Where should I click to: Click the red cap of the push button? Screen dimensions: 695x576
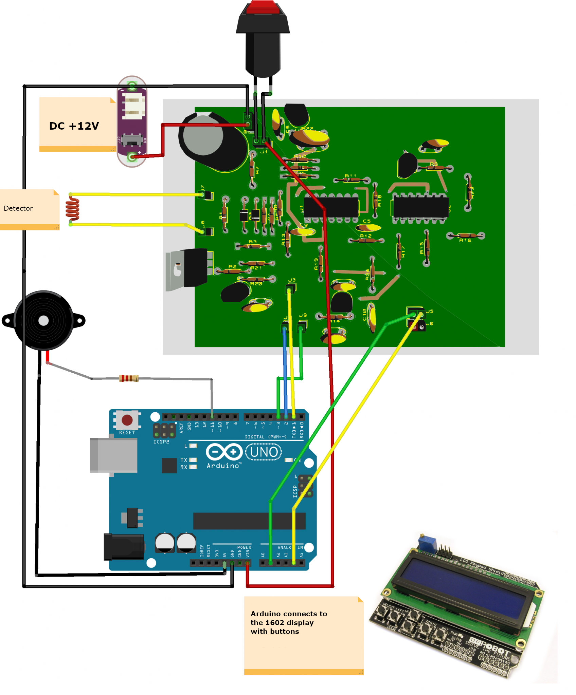point(263,7)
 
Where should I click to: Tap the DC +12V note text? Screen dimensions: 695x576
point(74,126)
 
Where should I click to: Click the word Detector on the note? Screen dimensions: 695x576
point(18,208)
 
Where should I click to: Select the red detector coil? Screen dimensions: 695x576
point(72,209)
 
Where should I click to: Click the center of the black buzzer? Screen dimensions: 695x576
point(43,320)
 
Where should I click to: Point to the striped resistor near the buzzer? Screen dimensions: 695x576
point(129,378)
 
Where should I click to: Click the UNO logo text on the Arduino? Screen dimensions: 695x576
point(264,452)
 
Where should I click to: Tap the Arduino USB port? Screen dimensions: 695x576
point(113,455)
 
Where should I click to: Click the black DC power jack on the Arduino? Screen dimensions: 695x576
point(124,547)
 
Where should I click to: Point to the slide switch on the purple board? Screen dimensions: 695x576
point(132,139)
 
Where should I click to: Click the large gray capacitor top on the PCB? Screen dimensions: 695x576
point(203,135)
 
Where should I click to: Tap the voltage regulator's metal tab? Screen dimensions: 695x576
point(175,270)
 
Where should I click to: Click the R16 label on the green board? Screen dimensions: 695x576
point(465,240)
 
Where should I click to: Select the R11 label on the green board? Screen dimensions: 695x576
point(350,176)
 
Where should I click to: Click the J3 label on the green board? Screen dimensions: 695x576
point(292,280)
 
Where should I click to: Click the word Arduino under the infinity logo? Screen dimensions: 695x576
point(223,466)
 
